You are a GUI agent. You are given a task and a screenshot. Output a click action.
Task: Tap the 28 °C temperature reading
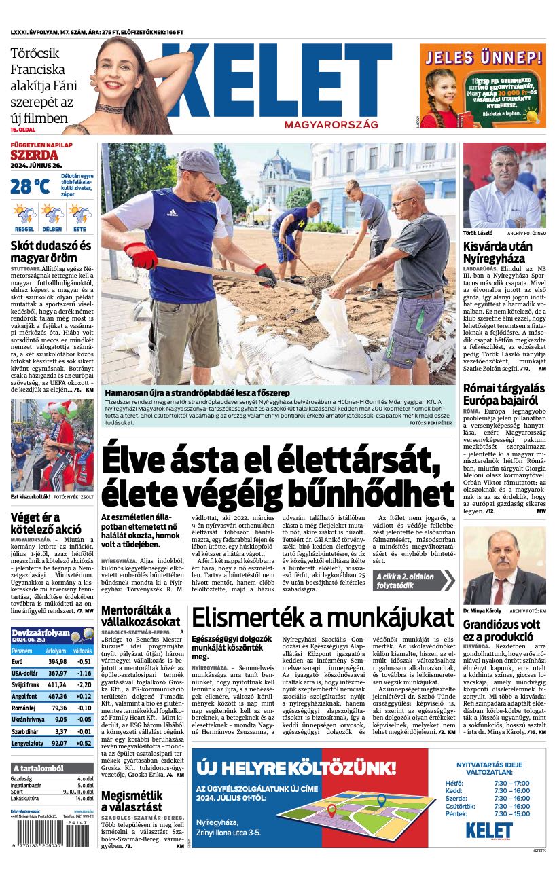point(30,185)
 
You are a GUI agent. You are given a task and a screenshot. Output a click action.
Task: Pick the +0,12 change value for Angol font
point(84,696)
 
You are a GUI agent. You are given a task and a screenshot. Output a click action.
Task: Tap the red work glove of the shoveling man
point(141,256)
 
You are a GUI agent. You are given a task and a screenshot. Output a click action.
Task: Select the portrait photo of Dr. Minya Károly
point(504,566)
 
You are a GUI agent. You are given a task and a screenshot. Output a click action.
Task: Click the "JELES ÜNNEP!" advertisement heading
point(482,56)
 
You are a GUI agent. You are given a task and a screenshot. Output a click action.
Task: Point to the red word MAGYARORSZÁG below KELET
point(331,126)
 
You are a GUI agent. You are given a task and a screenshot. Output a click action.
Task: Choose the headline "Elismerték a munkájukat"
point(323,617)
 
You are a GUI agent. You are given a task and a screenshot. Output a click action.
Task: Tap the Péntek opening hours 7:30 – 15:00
point(511,813)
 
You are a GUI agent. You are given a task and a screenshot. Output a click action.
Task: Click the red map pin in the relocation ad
point(331,809)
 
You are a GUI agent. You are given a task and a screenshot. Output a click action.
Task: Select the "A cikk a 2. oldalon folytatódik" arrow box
point(412,581)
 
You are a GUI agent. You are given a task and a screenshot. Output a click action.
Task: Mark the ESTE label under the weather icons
point(79,230)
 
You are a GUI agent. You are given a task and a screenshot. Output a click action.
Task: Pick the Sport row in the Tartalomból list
point(52,792)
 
